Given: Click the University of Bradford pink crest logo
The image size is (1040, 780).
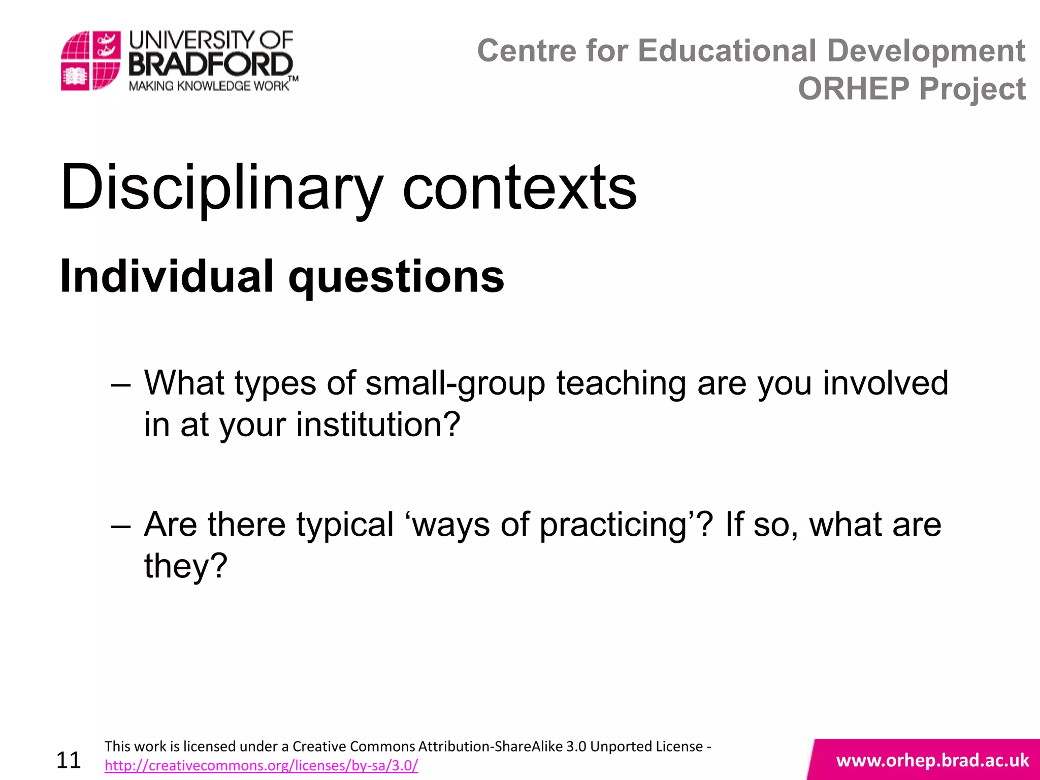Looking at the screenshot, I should click(x=90, y=60).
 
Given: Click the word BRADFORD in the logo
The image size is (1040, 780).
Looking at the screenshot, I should click(x=211, y=65).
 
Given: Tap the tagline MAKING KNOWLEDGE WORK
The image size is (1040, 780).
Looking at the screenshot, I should click(x=209, y=86).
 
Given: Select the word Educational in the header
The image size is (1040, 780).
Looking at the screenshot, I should click(x=727, y=51).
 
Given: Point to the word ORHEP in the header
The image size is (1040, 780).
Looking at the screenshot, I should click(x=854, y=88).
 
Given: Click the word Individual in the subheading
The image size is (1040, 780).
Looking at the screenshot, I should click(x=167, y=277).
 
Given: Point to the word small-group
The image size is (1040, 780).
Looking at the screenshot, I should click(x=456, y=383).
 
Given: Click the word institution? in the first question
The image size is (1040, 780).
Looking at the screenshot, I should click(x=378, y=425).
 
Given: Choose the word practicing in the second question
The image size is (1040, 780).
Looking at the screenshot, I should click(x=612, y=525).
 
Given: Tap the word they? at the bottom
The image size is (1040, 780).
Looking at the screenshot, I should click(x=186, y=566).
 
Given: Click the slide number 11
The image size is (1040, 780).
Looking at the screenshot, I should click(x=69, y=760).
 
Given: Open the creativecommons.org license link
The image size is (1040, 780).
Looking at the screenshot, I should click(x=261, y=765).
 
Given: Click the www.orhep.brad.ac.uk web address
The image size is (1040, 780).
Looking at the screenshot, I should click(x=932, y=760).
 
